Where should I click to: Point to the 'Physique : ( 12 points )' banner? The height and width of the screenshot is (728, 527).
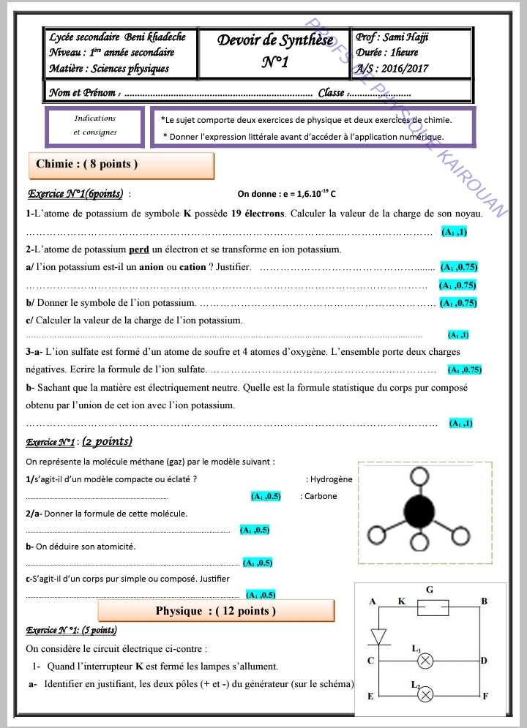[216, 611]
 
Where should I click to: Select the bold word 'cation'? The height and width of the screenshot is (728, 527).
[193, 267]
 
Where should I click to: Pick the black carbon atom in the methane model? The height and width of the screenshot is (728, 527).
[419, 508]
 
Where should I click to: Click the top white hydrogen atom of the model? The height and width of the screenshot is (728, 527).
[419, 476]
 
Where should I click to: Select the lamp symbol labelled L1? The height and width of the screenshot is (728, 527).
[425, 661]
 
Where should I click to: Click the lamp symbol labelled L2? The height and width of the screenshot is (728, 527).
[425, 694]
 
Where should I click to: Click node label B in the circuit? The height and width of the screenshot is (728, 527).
[484, 601]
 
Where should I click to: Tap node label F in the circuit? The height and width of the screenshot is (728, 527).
[485, 696]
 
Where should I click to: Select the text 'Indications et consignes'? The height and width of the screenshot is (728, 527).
[95, 125]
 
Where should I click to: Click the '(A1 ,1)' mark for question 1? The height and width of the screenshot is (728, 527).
[454, 232]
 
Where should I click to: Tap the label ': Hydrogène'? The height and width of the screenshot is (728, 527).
[329, 479]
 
